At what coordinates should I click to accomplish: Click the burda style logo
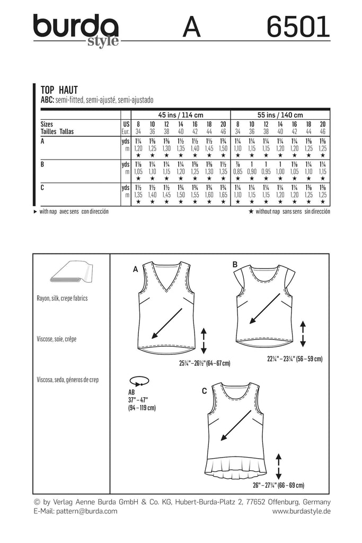coord(76,30)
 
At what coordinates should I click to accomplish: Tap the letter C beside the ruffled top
coord(205,391)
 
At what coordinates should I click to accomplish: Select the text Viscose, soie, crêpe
coord(57,339)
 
